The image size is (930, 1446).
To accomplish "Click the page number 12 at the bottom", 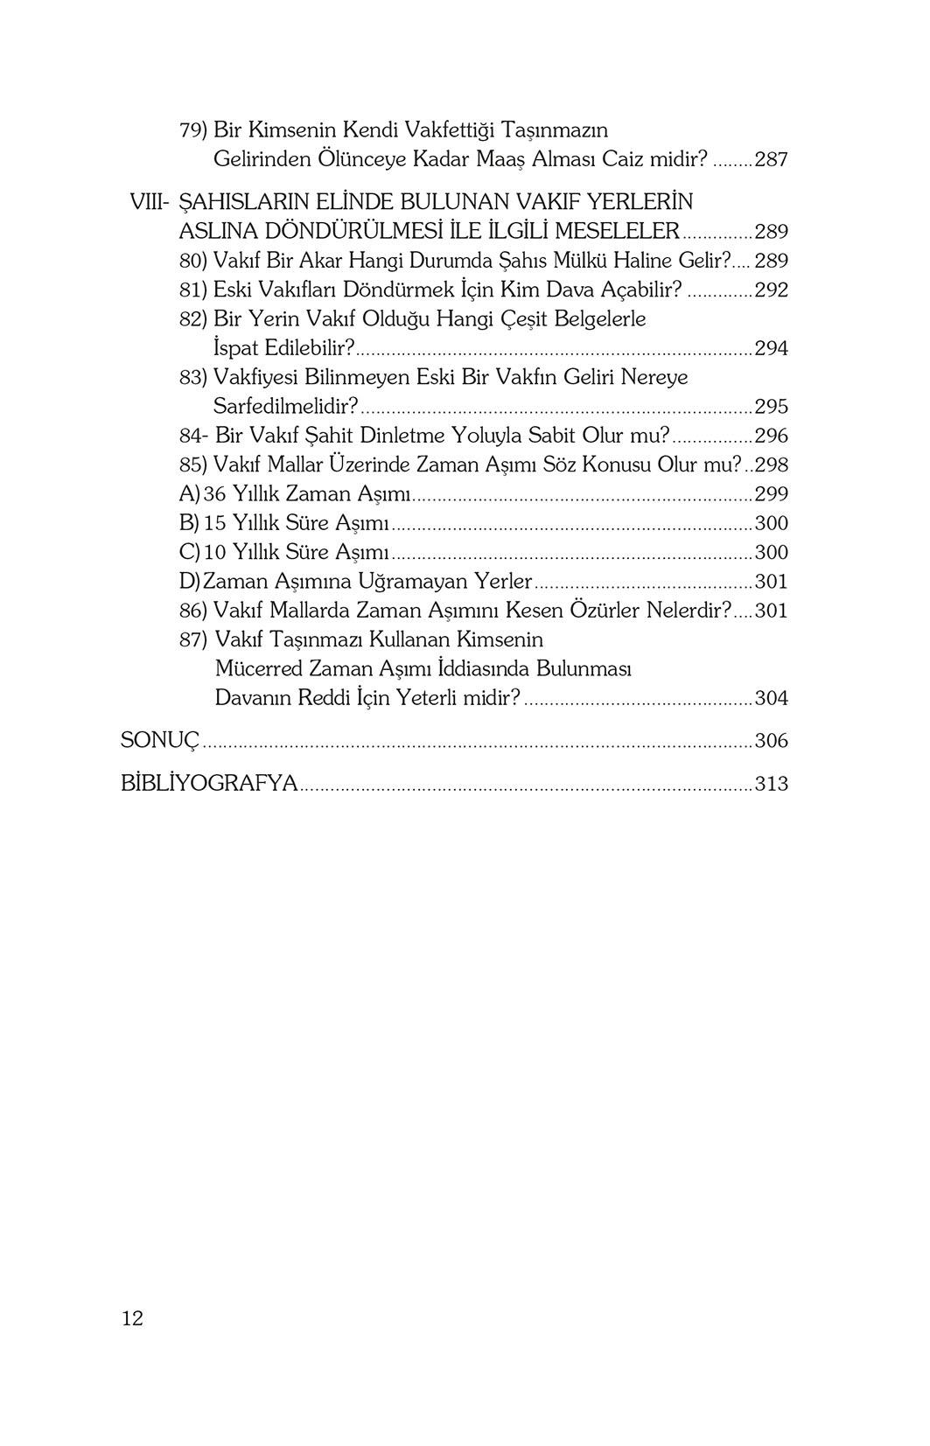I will (x=132, y=1318).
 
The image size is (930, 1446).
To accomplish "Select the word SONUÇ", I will (x=160, y=741).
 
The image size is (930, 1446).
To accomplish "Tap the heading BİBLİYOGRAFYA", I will (x=210, y=784).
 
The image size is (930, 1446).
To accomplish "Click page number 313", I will (x=771, y=784).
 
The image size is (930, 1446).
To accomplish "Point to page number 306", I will (x=771, y=741).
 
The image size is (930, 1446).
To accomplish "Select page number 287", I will (x=771, y=160).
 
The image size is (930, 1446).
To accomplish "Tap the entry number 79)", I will (x=192, y=130).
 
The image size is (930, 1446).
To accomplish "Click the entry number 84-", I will (x=192, y=436).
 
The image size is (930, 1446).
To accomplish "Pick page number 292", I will (x=771, y=290).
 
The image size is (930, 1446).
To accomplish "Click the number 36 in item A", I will (x=214, y=494).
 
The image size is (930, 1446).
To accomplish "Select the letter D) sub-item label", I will (x=189, y=582).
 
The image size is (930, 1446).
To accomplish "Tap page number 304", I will (x=771, y=698).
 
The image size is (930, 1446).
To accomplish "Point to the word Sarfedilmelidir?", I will (x=286, y=407).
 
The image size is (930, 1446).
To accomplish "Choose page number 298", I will (x=771, y=465).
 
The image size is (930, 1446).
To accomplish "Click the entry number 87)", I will (x=192, y=639).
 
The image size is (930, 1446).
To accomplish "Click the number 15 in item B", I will (x=214, y=523).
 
